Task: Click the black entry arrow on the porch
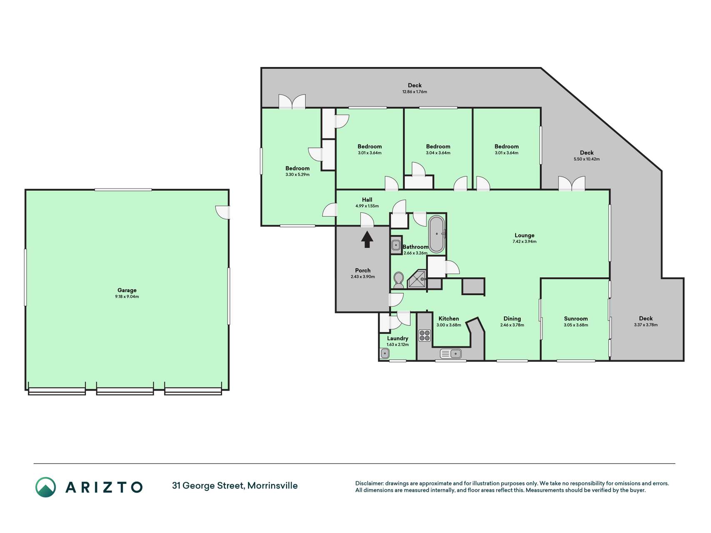point(367,239)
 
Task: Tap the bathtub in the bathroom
point(437,234)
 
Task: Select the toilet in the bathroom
point(399,280)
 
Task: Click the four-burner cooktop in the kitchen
point(424,335)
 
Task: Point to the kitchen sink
point(451,354)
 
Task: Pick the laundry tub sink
point(385,354)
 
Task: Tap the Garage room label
point(127,290)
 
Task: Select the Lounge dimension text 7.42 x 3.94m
point(524,242)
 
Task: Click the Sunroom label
point(576,319)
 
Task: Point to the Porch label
point(363,270)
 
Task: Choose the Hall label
point(367,199)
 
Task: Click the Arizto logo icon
point(45,487)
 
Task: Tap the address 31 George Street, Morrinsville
point(235,486)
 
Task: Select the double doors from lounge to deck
point(571,184)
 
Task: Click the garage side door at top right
point(223,212)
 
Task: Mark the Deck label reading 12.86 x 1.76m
point(415,88)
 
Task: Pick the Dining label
point(512,319)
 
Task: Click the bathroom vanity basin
point(396,245)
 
